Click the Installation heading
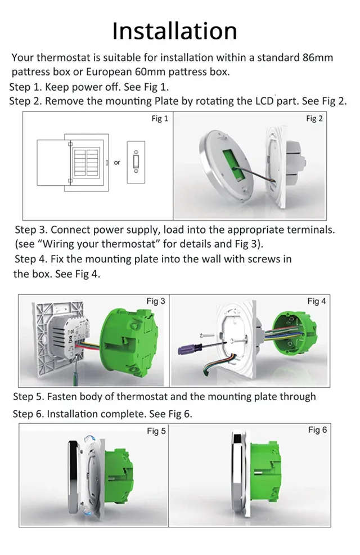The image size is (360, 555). tap(174, 30)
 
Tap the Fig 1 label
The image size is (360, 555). tap(160, 119)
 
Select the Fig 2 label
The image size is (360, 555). tap(314, 119)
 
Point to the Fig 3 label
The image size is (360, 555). tap(156, 301)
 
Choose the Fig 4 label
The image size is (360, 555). tap(317, 301)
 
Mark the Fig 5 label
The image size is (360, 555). tap(156, 431)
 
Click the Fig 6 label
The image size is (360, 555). tap(317, 430)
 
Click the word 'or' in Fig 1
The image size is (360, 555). tap(117, 163)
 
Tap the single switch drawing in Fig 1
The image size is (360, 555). tap(136, 162)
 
